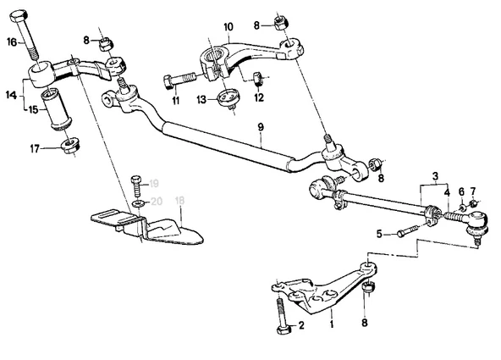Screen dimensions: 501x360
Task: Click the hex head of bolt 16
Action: click(x=19, y=15)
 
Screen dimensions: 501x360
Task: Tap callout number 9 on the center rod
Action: click(x=261, y=127)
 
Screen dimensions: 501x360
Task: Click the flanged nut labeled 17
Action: click(x=70, y=146)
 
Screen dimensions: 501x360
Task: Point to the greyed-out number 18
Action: click(x=180, y=201)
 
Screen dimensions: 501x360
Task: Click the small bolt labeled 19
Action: click(x=136, y=186)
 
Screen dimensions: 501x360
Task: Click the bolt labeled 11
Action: click(x=179, y=80)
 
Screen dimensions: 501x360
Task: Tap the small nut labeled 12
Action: click(x=258, y=79)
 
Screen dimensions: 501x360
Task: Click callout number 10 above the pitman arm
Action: click(x=228, y=26)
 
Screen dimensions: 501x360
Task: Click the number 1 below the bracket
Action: click(x=332, y=324)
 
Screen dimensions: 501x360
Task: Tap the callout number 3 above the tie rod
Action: click(x=435, y=176)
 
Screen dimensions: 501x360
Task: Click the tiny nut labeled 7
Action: click(x=474, y=202)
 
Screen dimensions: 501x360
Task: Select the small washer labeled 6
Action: click(x=461, y=208)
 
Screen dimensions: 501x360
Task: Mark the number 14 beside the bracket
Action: click(x=12, y=95)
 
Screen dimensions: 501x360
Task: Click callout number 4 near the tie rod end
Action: click(x=447, y=192)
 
